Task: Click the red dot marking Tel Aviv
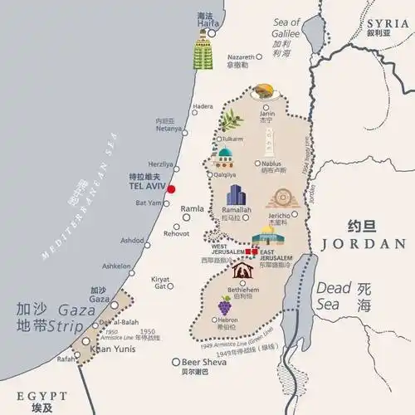coord(171,189)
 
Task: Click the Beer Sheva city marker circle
coord(175,362)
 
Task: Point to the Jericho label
coord(279,213)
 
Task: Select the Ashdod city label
coord(132,240)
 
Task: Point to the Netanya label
coord(168,129)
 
